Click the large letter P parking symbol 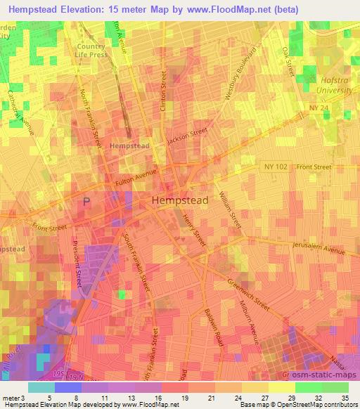pyautogui.click(x=86, y=202)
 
